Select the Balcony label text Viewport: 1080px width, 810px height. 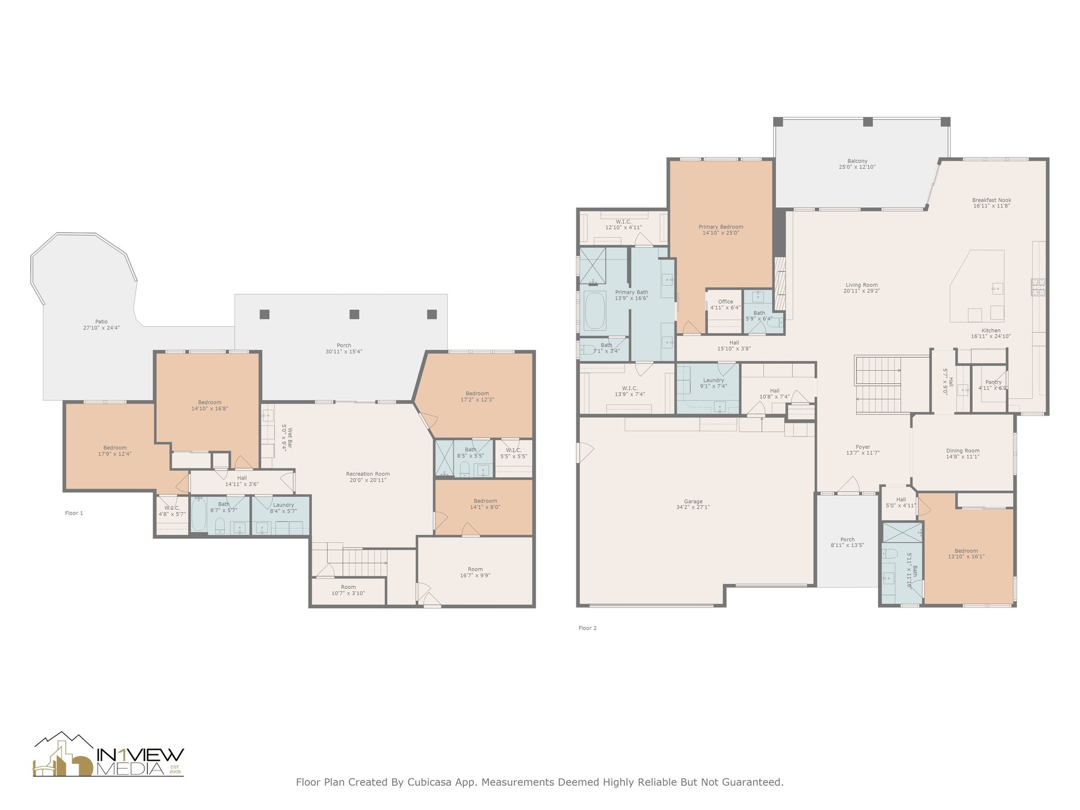[857, 161]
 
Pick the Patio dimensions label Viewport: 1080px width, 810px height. [102, 328]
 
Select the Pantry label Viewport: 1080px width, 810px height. [994, 382]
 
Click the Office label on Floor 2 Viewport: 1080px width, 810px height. [726, 302]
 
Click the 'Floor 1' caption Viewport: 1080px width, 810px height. [74, 513]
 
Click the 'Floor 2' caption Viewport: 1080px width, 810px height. [587, 628]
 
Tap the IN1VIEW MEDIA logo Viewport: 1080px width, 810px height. [109, 755]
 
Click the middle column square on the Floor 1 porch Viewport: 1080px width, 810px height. [354, 314]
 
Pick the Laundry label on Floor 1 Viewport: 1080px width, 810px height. [284, 505]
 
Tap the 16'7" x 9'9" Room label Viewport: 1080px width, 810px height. [475, 573]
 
